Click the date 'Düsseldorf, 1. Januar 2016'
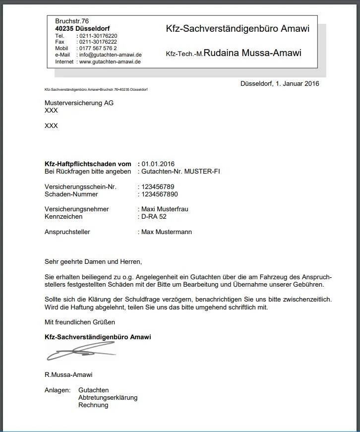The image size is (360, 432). tap(280, 83)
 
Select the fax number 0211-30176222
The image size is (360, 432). tap(98, 42)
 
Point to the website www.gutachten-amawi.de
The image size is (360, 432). tap(110, 62)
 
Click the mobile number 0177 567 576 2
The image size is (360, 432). tap(98, 49)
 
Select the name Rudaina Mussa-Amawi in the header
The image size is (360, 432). tap(252, 53)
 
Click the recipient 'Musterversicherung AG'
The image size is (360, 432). tap(79, 103)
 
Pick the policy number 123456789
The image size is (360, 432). tap(158, 186)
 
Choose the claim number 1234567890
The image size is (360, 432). tap(160, 194)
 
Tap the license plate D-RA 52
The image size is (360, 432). tap(154, 217)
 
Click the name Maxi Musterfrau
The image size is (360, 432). tap(165, 209)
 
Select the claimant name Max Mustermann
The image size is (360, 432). tap(167, 232)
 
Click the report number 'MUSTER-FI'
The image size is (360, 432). tap(202, 171)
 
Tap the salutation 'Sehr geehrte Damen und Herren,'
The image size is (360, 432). tap(93, 261)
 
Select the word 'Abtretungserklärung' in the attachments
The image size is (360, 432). tap(108, 398)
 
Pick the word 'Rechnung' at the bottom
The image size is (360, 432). tap(93, 405)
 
